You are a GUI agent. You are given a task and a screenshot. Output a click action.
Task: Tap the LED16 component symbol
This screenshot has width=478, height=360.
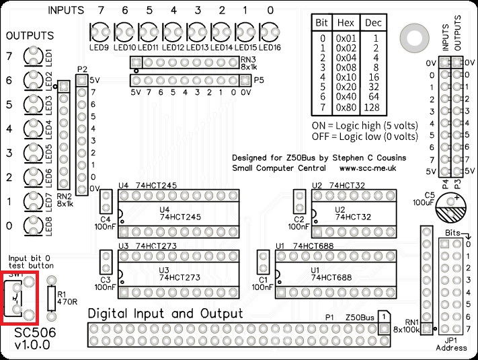269,31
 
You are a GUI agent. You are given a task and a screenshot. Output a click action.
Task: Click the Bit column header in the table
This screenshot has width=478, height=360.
322,22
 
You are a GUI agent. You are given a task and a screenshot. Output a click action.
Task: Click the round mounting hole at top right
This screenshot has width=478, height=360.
409,36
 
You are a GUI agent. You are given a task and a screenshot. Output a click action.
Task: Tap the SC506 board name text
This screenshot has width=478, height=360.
35,332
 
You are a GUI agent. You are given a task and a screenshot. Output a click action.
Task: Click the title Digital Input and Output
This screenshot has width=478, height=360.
166,314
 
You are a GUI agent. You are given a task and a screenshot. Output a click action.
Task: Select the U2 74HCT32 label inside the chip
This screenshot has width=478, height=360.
350,213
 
